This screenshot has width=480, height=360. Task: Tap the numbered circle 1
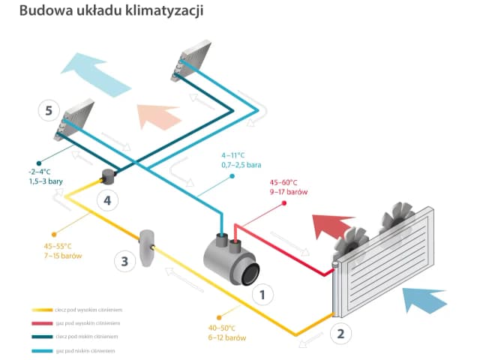(x=262, y=295)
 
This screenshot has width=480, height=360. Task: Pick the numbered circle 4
(x=107, y=200)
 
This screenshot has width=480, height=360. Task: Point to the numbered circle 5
(x=49, y=111)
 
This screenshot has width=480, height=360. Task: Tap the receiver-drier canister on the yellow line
(x=148, y=247)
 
